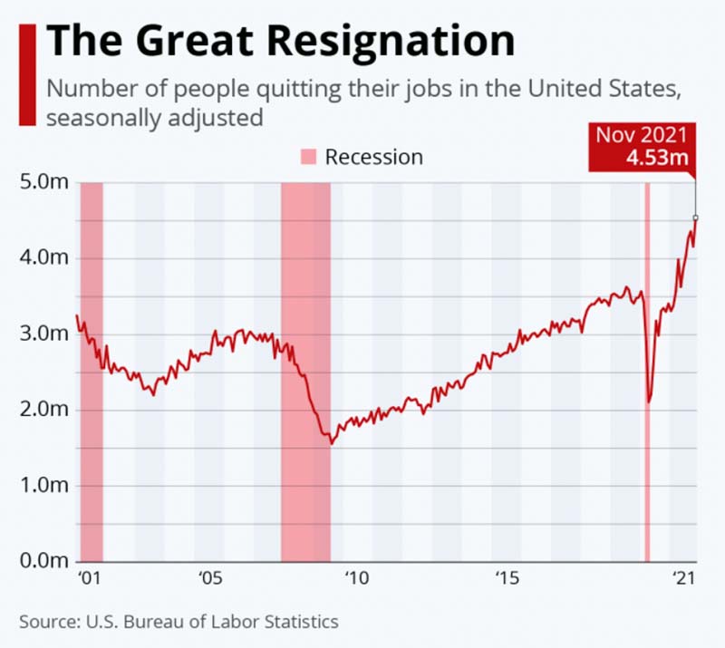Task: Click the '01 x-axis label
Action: (x=87, y=578)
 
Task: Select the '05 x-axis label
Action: (x=208, y=578)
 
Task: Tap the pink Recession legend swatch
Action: (x=308, y=158)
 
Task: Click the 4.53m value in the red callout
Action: (x=658, y=157)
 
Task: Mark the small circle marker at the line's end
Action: (x=696, y=218)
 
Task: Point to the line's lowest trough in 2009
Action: (x=332, y=443)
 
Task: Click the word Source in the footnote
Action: (x=47, y=622)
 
